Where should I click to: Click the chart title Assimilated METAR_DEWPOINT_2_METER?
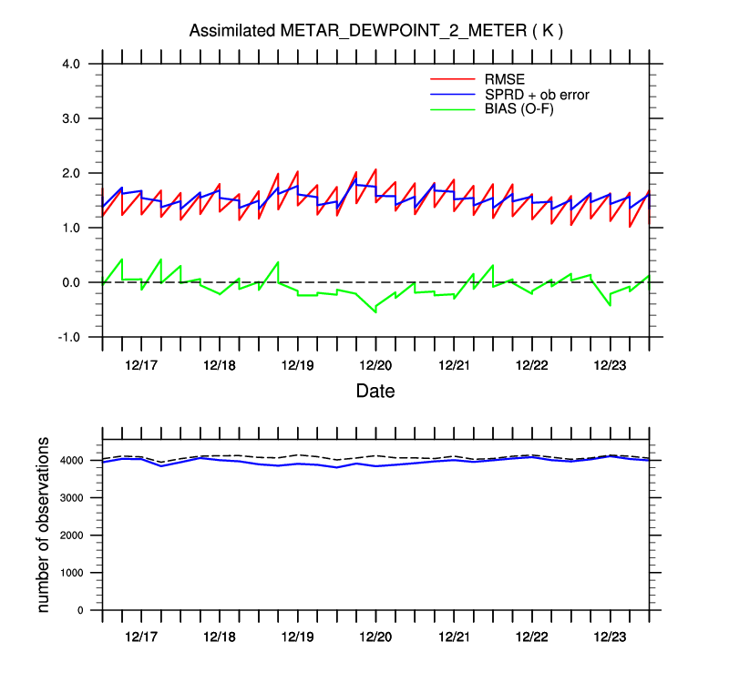[375, 31]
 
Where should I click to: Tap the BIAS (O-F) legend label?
[519, 109]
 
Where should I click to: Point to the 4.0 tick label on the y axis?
[72, 64]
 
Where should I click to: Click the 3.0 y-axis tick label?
[72, 118]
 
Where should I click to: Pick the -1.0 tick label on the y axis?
[70, 337]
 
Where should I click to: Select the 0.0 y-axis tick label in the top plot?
[72, 282]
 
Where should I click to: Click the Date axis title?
[375, 392]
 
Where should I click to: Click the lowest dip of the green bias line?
[375, 311]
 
